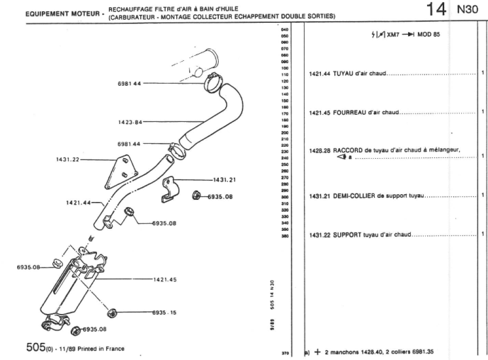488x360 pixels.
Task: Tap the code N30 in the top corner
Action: tap(467, 11)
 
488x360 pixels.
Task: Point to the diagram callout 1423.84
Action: tap(130, 122)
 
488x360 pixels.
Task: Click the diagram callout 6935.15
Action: tap(165, 312)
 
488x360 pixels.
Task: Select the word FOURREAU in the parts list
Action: tap(351, 112)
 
